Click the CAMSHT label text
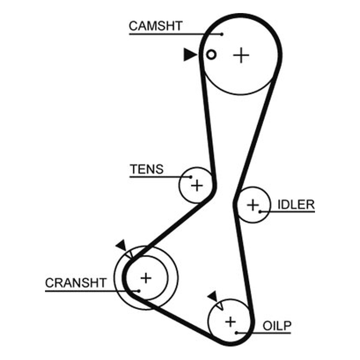(156, 26)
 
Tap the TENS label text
(147, 169)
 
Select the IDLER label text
(296, 205)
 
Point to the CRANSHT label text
(76, 283)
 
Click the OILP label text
(277, 325)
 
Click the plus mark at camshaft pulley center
(241, 55)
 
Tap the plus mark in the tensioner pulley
(197, 185)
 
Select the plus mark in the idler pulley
(253, 205)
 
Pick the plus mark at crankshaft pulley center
(146, 278)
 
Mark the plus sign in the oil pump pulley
(230, 322)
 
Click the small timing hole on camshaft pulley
(211, 54)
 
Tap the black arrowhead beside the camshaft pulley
(190, 54)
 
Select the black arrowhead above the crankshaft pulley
(121, 245)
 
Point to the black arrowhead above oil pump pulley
(213, 297)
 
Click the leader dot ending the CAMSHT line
(222, 34)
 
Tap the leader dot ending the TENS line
(190, 177)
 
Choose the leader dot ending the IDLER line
(260, 211)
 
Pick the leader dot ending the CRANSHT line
(139, 291)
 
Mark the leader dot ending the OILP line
(236, 333)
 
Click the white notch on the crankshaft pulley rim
(130, 254)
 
